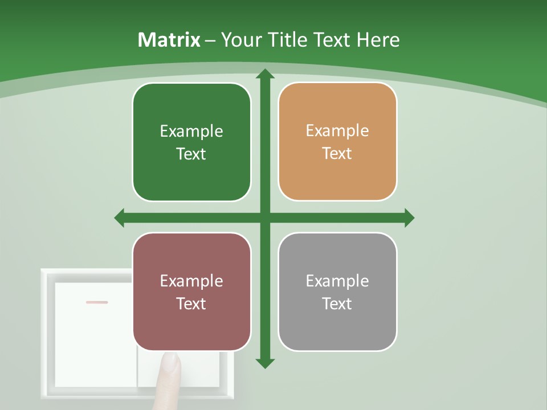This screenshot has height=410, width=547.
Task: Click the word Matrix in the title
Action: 169,40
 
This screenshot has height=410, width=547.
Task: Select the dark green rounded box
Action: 191,142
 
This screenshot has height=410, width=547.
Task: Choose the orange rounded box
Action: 337,142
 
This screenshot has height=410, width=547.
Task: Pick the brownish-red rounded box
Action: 191,292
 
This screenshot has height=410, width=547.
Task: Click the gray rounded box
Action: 337,292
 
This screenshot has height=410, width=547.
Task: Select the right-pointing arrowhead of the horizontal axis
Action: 409,218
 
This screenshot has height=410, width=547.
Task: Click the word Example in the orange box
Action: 337,131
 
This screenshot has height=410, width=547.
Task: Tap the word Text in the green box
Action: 191,154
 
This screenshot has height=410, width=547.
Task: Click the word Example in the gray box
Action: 337,281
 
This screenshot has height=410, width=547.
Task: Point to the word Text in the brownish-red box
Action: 191,304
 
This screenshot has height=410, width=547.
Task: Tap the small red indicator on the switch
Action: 97,302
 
